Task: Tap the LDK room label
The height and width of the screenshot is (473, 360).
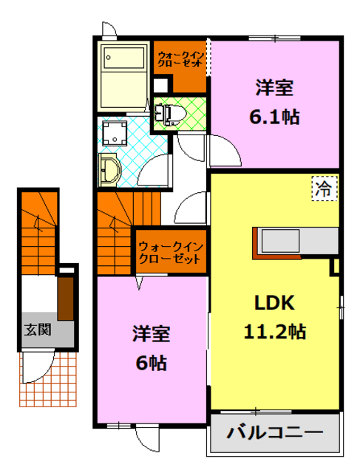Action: coord(275,303)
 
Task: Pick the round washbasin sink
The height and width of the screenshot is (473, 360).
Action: coord(109,168)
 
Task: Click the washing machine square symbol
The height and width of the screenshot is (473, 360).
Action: coord(115,132)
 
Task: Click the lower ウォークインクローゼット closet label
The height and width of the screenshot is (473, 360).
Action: coord(170,253)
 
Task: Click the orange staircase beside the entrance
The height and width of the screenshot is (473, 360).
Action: coord(38,233)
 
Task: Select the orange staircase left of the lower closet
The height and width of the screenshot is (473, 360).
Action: coord(115,233)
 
